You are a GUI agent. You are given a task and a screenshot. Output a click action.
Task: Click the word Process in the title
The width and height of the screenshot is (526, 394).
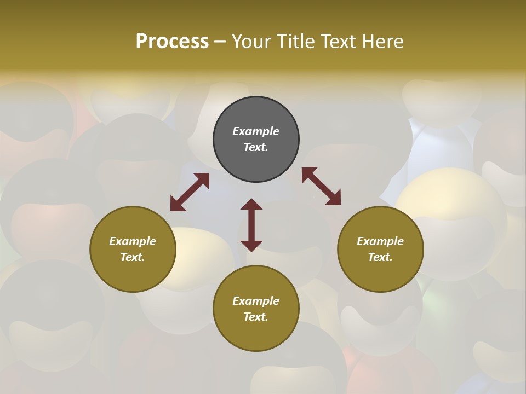click(172, 42)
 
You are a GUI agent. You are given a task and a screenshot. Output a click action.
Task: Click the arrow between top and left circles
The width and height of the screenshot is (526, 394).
click(190, 192)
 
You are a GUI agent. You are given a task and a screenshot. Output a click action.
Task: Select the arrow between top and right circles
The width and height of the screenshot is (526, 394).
click(321, 186)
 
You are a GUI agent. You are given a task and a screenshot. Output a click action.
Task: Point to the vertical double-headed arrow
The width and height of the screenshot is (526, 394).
click(251, 225)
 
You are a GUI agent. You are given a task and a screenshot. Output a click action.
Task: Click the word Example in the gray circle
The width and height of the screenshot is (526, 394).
click(256, 131)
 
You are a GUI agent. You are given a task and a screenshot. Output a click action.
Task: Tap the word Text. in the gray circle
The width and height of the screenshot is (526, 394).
click(256, 147)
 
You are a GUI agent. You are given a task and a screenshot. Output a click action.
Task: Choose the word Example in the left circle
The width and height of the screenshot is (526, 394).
click(133, 241)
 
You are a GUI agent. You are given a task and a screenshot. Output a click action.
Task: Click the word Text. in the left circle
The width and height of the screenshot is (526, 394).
click(133, 257)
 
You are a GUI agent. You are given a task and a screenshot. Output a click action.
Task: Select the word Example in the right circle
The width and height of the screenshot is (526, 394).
click(380, 241)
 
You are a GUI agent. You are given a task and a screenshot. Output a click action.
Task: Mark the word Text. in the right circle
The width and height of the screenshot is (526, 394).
click(380, 257)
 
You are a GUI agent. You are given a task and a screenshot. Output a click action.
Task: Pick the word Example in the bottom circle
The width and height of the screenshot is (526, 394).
click(256, 301)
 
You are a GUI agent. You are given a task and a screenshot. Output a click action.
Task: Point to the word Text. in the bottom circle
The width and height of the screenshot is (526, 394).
click(256, 317)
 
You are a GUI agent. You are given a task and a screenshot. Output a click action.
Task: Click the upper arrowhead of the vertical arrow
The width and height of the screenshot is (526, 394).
click(251, 204)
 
